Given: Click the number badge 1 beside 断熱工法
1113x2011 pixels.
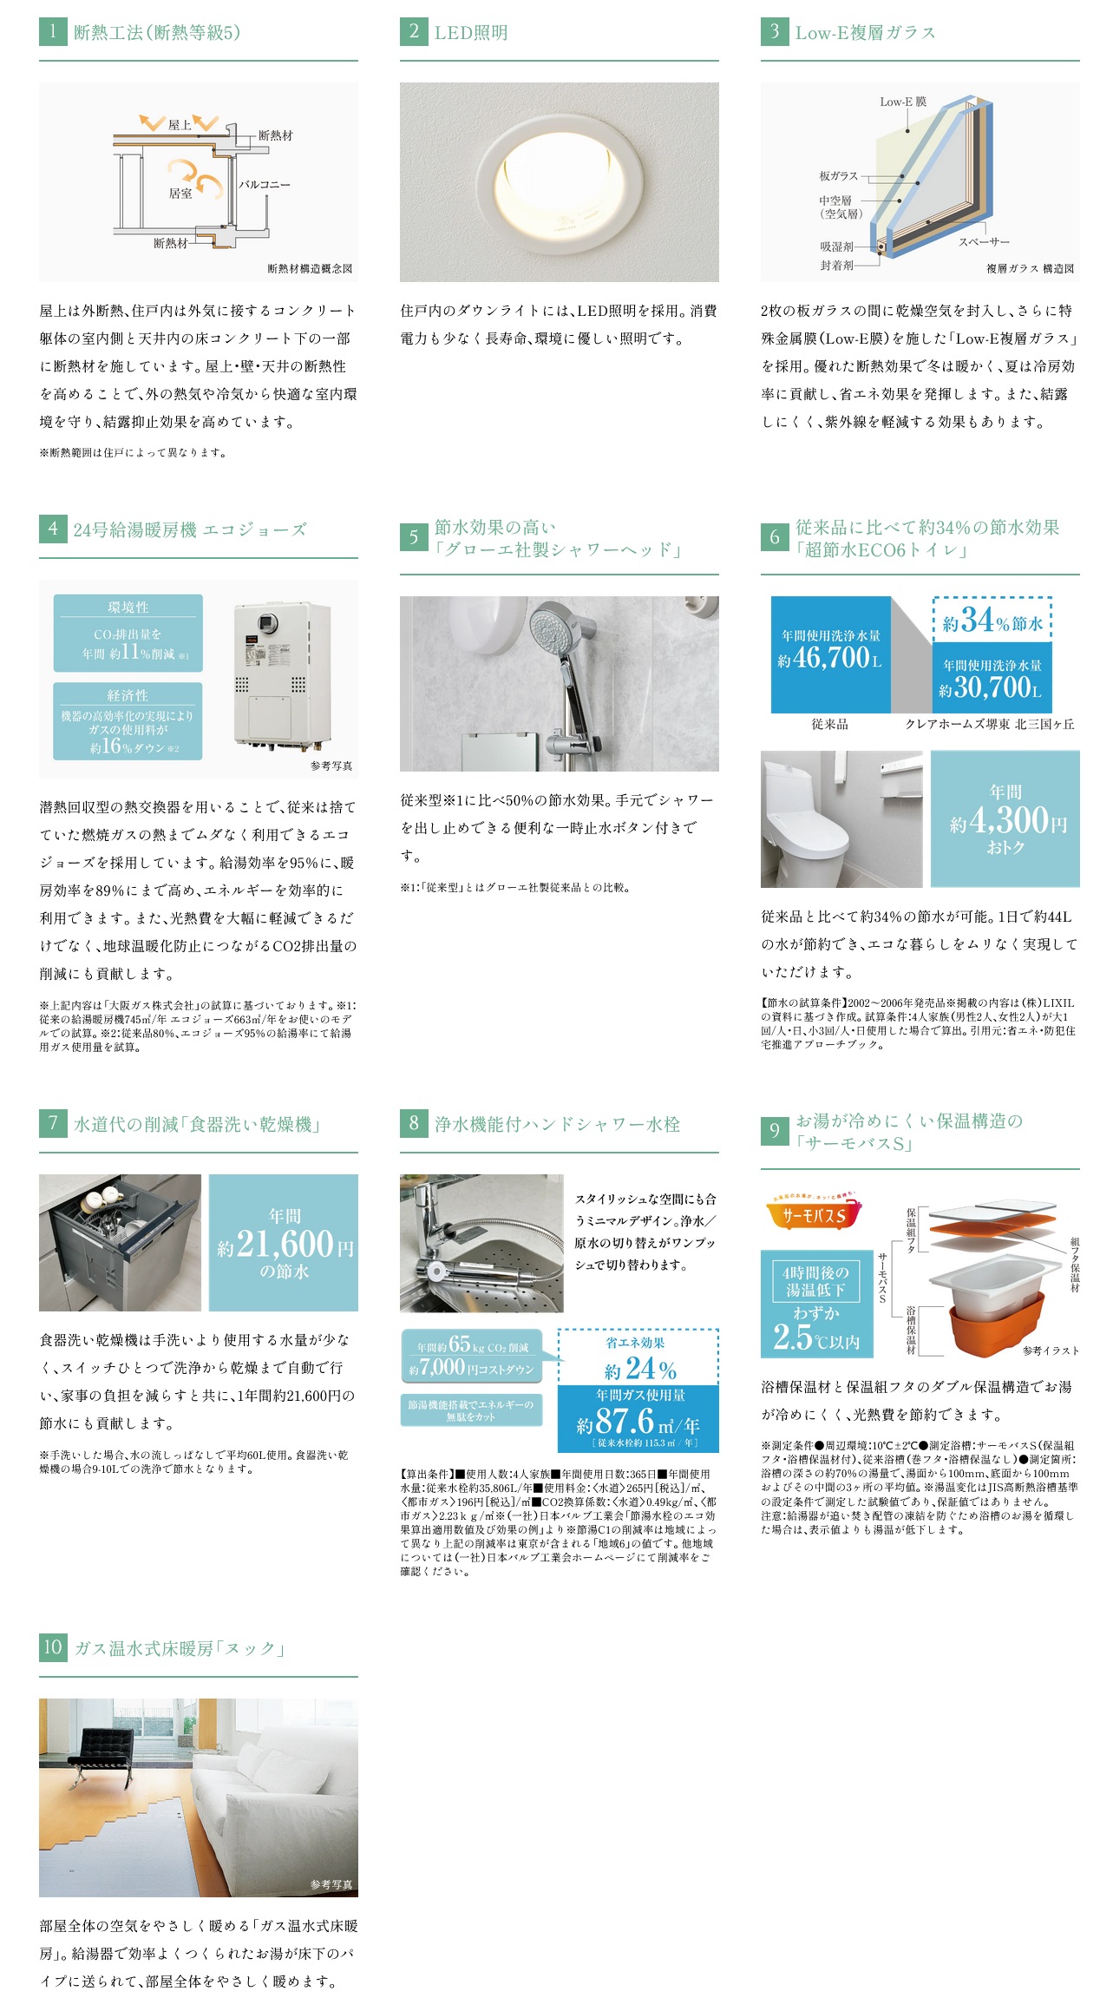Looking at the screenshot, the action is point(53,32).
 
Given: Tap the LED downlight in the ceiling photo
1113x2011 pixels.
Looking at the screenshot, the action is point(560,182).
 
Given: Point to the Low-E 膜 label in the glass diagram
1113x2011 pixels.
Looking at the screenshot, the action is point(903,102).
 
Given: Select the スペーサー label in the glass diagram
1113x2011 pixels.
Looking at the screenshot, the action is point(984,241).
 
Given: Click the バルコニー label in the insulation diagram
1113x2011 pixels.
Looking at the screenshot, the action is point(265,184).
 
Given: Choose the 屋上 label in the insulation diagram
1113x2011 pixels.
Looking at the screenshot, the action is point(180,124).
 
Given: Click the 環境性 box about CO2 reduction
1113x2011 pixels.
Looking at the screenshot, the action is point(128,633).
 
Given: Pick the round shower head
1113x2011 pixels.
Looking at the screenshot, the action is point(553,629).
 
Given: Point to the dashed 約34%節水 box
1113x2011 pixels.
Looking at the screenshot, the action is point(992,620).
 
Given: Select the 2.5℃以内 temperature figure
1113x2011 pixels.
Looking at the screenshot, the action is point(816,1337).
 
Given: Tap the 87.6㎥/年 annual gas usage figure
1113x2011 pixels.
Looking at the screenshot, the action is point(638,1422).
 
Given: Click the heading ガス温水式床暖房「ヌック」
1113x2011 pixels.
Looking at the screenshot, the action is point(180,1647).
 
